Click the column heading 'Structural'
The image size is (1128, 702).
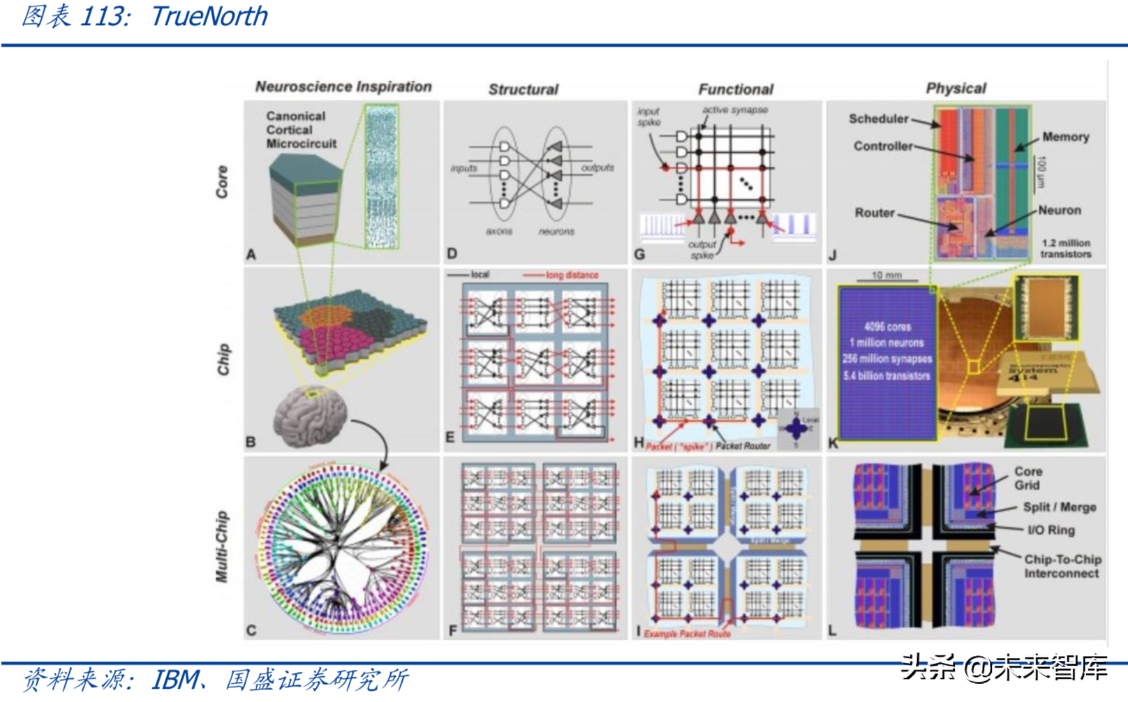523,89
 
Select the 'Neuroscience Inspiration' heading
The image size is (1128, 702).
343,87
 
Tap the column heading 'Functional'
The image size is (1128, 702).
736,89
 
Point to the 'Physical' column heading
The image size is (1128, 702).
956,88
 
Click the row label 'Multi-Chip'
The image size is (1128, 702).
222,546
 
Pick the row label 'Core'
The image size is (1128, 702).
222,181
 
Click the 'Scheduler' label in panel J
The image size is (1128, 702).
878,119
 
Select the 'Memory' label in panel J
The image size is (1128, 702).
1065,137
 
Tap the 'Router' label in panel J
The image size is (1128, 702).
874,213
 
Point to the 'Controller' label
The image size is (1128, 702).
882,146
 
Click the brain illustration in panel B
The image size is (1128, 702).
311,417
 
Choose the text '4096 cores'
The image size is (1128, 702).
886,327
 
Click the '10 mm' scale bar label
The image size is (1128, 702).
886,276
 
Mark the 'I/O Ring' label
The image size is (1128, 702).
1051,530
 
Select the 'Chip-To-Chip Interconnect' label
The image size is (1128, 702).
1062,566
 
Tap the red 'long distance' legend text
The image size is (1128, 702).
572,275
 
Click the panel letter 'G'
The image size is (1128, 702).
639,255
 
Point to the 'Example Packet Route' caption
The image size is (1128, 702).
687,634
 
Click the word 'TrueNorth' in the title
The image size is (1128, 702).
209,16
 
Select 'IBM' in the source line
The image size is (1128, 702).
175,679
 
